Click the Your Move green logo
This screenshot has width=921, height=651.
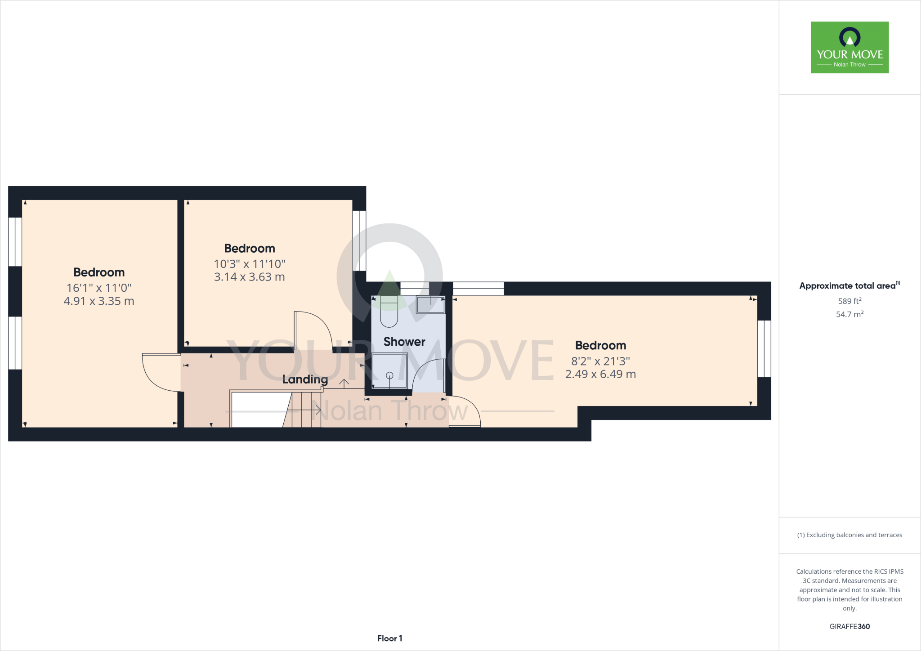[x=849, y=47]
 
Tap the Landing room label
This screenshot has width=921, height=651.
[x=305, y=379]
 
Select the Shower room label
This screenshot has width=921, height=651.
[x=404, y=342]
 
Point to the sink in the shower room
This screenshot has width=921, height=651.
[x=430, y=305]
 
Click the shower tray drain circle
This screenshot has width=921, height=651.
[x=389, y=375]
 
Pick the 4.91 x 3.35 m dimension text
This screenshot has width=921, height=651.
[x=99, y=301]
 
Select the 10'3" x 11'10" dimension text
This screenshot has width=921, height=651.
[x=250, y=264]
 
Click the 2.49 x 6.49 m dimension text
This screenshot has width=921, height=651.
[x=600, y=374]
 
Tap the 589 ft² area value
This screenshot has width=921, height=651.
[x=849, y=301]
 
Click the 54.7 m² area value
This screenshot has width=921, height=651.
[x=849, y=314]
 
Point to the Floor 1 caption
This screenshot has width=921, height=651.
[x=389, y=638]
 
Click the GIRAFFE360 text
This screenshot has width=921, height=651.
[x=849, y=626]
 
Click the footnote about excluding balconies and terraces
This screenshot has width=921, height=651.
[x=849, y=535]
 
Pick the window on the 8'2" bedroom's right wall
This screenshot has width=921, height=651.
[x=764, y=348]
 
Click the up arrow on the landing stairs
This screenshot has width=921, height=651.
[x=344, y=383]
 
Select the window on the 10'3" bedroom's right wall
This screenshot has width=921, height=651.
[x=359, y=241]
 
